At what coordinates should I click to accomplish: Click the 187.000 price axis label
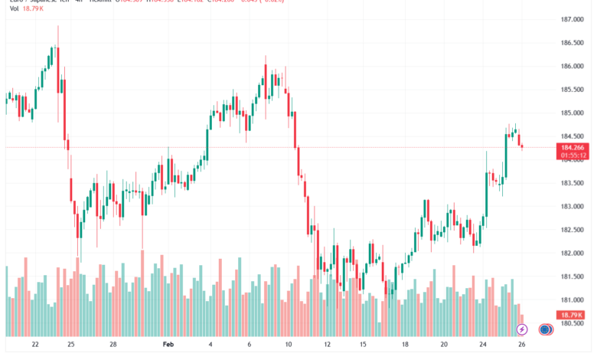coord(573,19)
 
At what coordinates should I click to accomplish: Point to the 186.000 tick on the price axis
coord(573,66)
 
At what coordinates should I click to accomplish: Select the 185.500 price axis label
coord(573,90)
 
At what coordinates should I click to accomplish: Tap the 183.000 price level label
coord(573,206)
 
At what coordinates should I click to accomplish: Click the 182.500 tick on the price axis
coord(573,230)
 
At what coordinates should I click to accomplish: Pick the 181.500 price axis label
coord(573,277)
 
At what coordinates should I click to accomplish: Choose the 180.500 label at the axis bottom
coord(573,323)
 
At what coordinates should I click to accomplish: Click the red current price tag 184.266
coord(573,147)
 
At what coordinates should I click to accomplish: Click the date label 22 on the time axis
coord(36,345)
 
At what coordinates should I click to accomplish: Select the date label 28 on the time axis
coord(113,345)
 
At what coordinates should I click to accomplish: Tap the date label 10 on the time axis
coord(289,345)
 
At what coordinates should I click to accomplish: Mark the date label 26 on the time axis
coord(521,345)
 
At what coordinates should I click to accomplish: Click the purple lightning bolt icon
coord(522,329)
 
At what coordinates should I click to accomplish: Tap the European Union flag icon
coord(545,329)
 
